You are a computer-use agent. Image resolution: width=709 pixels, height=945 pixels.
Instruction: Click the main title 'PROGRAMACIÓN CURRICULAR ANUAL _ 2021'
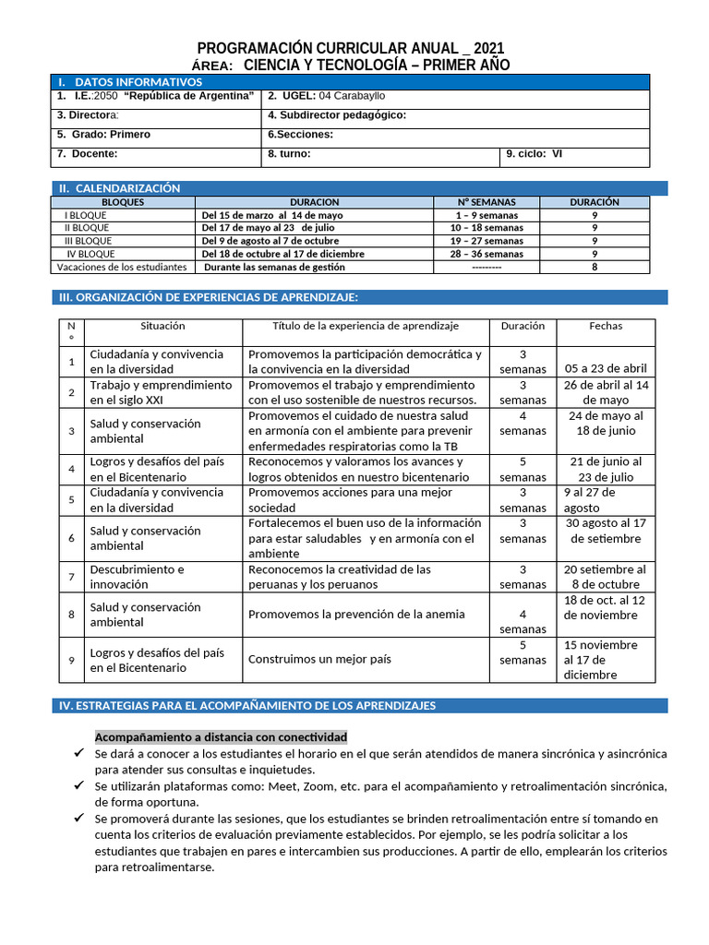pos(351,49)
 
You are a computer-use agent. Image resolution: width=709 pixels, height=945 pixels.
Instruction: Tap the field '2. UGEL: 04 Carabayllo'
pos(327,96)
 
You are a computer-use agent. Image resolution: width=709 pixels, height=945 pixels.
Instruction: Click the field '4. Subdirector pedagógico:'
pos(336,115)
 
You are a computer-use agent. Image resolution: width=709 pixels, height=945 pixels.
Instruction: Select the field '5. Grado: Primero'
pos(103,135)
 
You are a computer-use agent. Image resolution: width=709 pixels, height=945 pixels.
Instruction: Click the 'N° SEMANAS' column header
pos(487,202)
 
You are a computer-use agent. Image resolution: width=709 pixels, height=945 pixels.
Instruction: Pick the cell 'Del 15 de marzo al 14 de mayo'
pos(271,215)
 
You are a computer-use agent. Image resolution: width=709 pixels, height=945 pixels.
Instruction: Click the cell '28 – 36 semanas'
pos(487,254)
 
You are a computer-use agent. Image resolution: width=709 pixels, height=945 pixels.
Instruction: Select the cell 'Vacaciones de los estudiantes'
pos(122,267)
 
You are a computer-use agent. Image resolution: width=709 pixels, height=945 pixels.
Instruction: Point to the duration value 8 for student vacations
pos(594,267)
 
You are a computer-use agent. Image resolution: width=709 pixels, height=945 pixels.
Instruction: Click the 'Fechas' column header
pos(606,326)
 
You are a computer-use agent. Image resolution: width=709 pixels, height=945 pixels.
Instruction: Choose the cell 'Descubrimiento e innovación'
pos(137,577)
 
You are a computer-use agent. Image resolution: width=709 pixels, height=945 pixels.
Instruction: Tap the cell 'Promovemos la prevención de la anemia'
pos(356,615)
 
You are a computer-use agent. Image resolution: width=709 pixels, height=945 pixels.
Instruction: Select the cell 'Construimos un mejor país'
pos(319,660)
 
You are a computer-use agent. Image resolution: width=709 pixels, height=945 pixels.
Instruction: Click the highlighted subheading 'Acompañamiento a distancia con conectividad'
pos(221,737)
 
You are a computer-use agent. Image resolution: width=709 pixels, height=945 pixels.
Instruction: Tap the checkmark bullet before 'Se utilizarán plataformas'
pos(79,785)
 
